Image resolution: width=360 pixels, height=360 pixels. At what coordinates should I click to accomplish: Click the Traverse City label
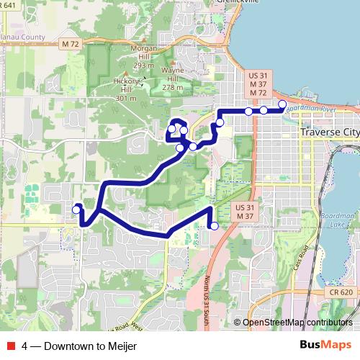pyautogui.click(x=328, y=134)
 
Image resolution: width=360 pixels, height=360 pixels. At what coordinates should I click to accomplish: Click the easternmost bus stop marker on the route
pyautogui.click(x=282, y=104)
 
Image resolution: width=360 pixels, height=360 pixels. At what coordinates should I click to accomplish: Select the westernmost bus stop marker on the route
pyautogui.click(x=76, y=210)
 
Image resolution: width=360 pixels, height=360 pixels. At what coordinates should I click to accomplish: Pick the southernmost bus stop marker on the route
pyautogui.click(x=214, y=226)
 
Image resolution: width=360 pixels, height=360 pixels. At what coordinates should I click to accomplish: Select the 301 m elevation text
pyautogui.click(x=125, y=98)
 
